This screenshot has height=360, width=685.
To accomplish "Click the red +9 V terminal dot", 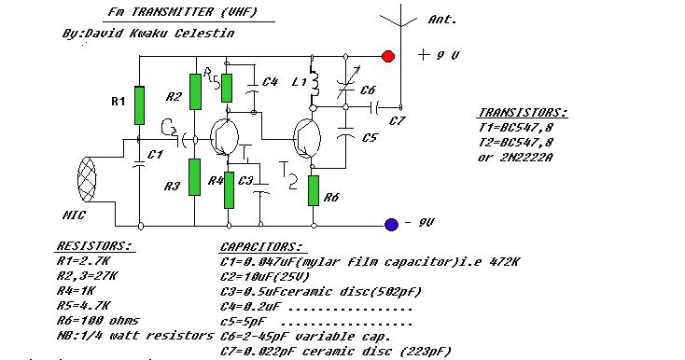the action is click(x=388, y=56).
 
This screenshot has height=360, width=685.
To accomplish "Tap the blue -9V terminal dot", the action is click(x=391, y=224).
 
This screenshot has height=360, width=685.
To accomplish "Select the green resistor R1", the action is click(x=139, y=105).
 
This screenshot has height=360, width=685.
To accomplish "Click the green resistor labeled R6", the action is click(x=314, y=190).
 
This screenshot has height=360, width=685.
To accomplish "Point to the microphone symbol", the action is click(x=87, y=179).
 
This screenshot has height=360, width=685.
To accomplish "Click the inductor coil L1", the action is click(x=314, y=82).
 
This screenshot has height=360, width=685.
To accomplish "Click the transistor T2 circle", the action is click(x=307, y=138).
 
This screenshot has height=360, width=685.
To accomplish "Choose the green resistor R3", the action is click(x=195, y=177).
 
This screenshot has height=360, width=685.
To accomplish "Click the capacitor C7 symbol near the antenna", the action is click(x=375, y=107).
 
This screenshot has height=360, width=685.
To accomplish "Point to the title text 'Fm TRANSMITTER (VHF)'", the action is click(x=183, y=12).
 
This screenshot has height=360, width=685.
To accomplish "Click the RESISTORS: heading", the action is click(x=94, y=245).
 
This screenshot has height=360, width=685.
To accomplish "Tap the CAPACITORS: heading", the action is click(x=261, y=246).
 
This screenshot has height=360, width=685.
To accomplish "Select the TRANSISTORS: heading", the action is click(x=523, y=113).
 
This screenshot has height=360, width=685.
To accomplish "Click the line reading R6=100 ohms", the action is click(x=97, y=321).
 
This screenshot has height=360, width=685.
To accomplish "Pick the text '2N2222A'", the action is click(x=526, y=157).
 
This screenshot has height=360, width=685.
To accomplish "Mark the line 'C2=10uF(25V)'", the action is click(x=265, y=277).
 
